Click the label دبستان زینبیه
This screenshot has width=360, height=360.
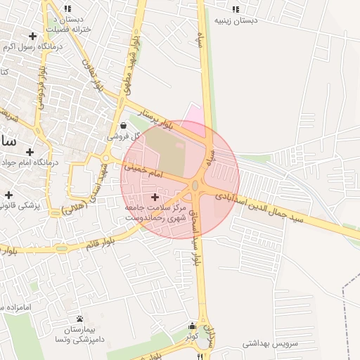(236, 20)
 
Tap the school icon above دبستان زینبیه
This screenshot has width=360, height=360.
(235, 9)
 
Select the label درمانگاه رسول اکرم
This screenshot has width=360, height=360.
(33, 46)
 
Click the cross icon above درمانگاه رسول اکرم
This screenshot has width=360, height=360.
(32, 35)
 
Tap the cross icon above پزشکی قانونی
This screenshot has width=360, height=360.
(8, 195)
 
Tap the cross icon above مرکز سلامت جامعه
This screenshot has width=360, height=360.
(155, 198)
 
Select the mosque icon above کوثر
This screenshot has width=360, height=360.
(193, 326)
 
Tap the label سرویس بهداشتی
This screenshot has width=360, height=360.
(270, 344)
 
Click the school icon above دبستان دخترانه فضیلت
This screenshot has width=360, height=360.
(67, 8)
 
